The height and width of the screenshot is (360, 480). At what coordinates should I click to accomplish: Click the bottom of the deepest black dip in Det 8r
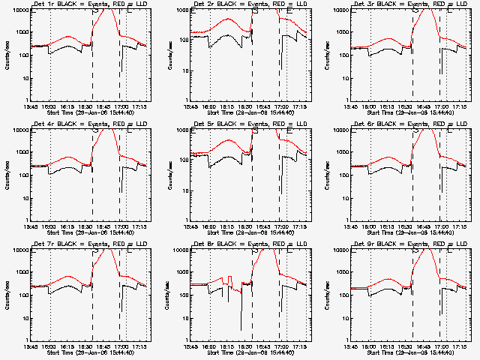pos(241,329)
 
